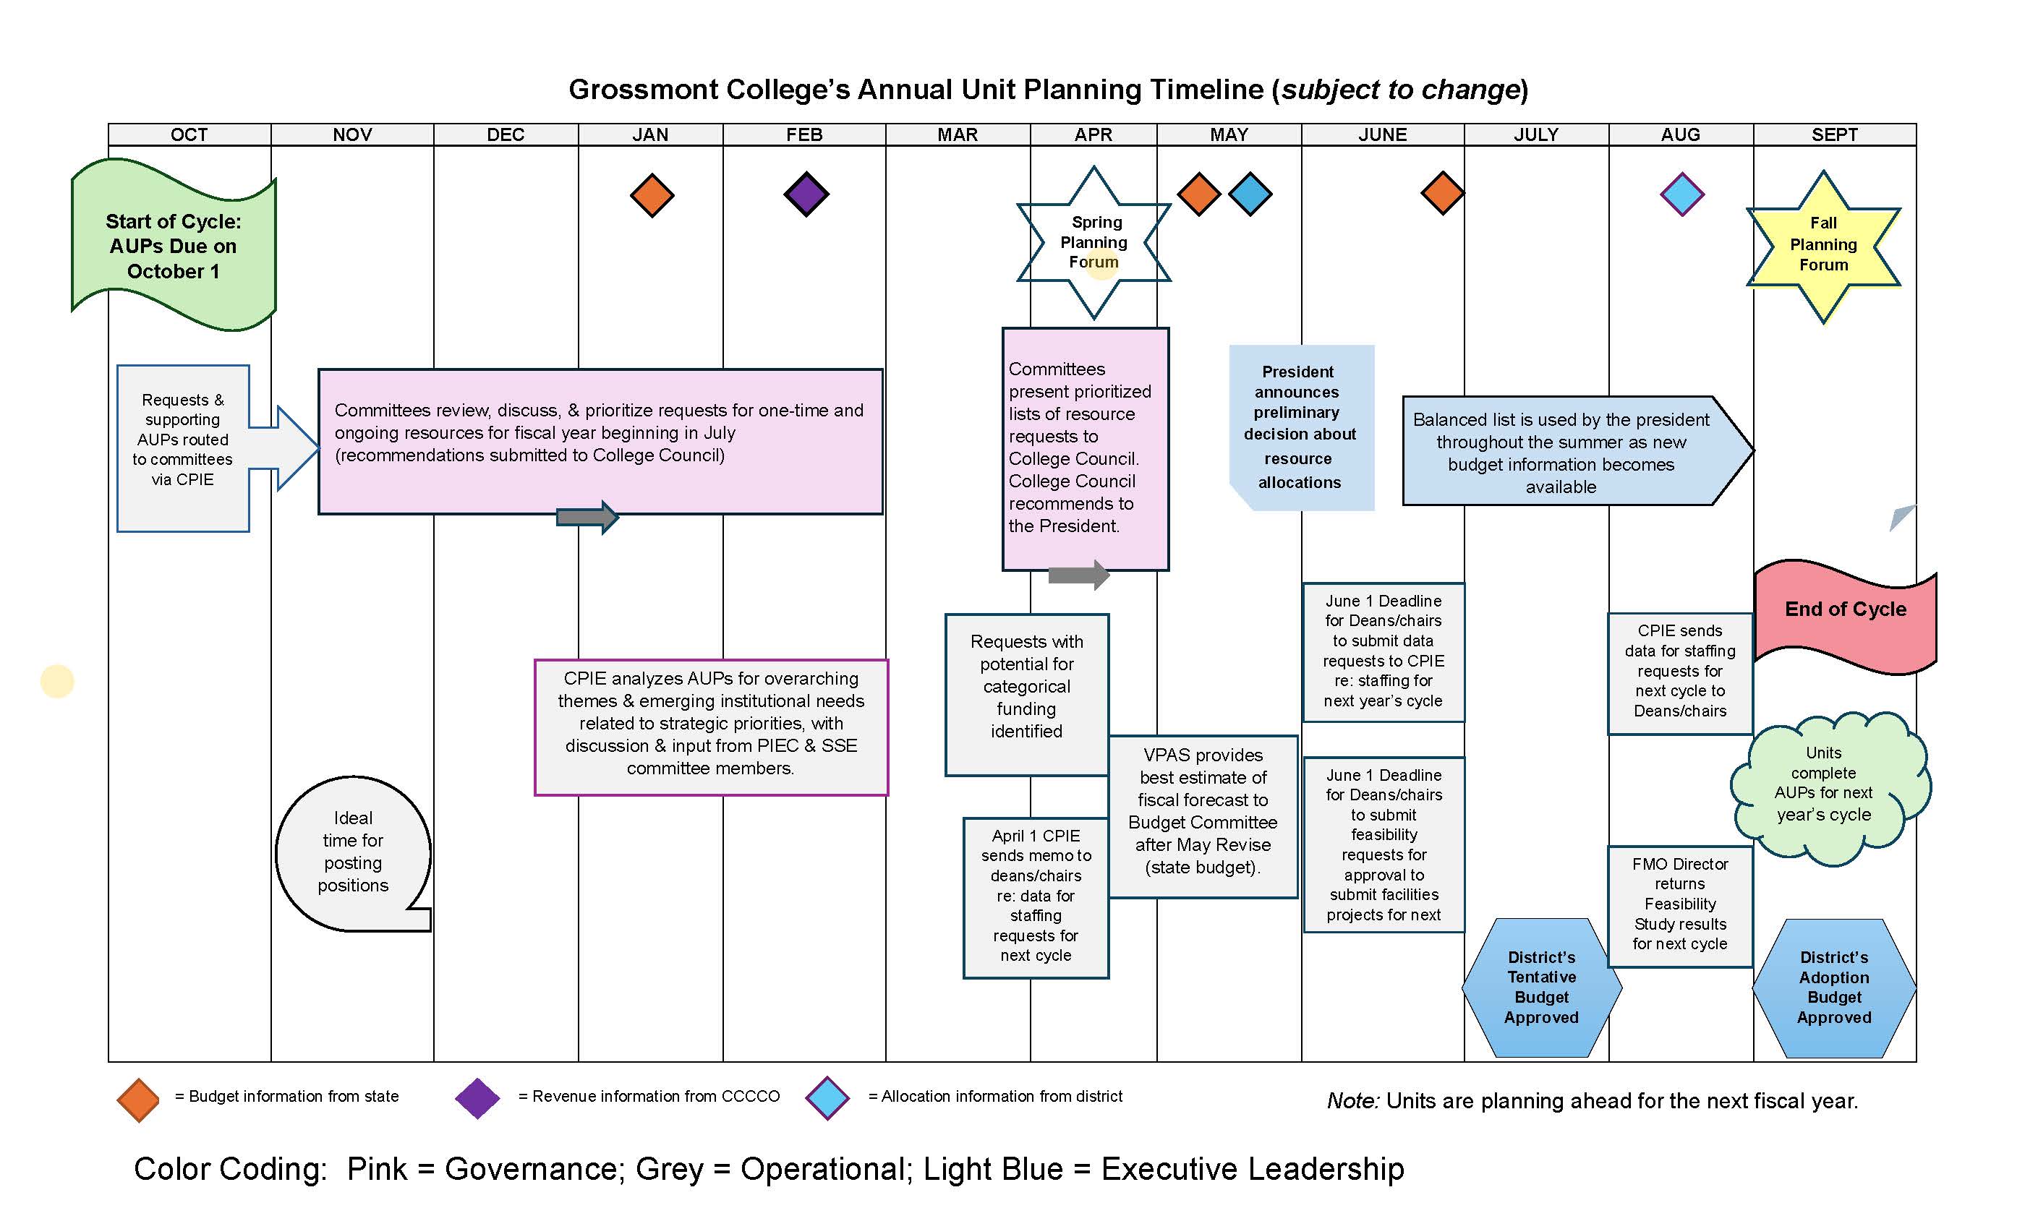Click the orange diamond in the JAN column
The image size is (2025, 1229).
pyautogui.click(x=652, y=195)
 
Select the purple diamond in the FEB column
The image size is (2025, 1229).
pyautogui.click(x=806, y=194)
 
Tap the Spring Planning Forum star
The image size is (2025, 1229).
pyautogui.click(x=1093, y=242)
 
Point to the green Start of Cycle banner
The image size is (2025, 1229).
pyautogui.click(x=174, y=246)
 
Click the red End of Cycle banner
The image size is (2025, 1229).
pyautogui.click(x=1845, y=617)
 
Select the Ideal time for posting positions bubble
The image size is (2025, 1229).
pyautogui.click(x=353, y=852)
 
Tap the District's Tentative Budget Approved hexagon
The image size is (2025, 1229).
pyautogui.click(x=1541, y=988)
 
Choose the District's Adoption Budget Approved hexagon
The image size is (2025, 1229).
pyautogui.click(x=1833, y=988)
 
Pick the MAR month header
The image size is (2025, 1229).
pyautogui.click(x=958, y=134)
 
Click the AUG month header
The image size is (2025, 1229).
pyautogui.click(x=1680, y=134)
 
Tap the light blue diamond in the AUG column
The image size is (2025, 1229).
pyautogui.click(x=1681, y=194)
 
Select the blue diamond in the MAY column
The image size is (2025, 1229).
pyautogui.click(x=1250, y=194)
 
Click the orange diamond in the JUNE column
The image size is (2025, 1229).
pyautogui.click(x=1442, y=194)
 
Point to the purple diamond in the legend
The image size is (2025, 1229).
pyautogui.click(x=477, y=1098)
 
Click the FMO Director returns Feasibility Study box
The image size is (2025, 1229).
pyautogui.click(x=1680, y=906)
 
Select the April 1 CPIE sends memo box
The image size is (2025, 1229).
pyautogui.click(x=1036, y=897)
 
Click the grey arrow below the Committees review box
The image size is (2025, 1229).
pyautogui.click(x=587, y=517)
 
